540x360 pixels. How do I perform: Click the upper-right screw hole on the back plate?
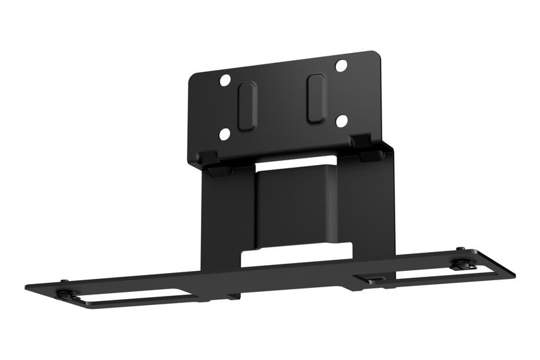coord(340,65)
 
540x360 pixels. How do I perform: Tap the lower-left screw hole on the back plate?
coord(224,134)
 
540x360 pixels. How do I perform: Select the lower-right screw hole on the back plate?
coord(340,120)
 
